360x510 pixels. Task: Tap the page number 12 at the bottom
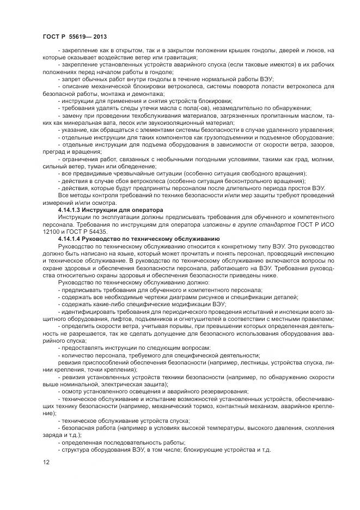click(46, 463)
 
